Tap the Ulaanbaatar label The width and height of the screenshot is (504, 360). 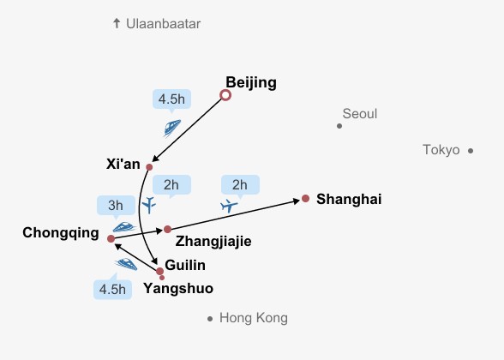coord(163,24)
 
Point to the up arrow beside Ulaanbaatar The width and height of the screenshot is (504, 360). coord(117,23)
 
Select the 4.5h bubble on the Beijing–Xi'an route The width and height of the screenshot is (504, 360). coord(171,99)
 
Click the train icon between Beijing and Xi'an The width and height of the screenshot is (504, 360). coord(172,128)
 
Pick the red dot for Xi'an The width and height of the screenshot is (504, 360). coord(149,167)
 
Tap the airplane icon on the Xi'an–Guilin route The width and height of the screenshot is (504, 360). coord(149,205)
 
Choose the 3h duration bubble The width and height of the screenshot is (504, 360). coord(116,206)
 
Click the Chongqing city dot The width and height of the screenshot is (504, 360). coord(111,239)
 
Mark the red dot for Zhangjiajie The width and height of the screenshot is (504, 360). coord(167,229)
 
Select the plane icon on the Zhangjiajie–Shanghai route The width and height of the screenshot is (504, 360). coord(229,206)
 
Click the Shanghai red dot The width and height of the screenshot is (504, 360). coord(306,199)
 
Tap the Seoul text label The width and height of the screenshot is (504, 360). coord(360,114)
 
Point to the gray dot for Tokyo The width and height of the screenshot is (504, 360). coord(471,151)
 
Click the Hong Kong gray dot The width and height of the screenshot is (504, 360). coord(210,319)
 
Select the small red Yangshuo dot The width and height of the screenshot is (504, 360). coord(162,278)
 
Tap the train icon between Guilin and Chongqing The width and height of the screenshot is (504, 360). coord(126,264)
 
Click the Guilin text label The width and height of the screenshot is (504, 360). coord(185,265)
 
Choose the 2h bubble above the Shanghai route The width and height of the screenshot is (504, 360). coord(240,185)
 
